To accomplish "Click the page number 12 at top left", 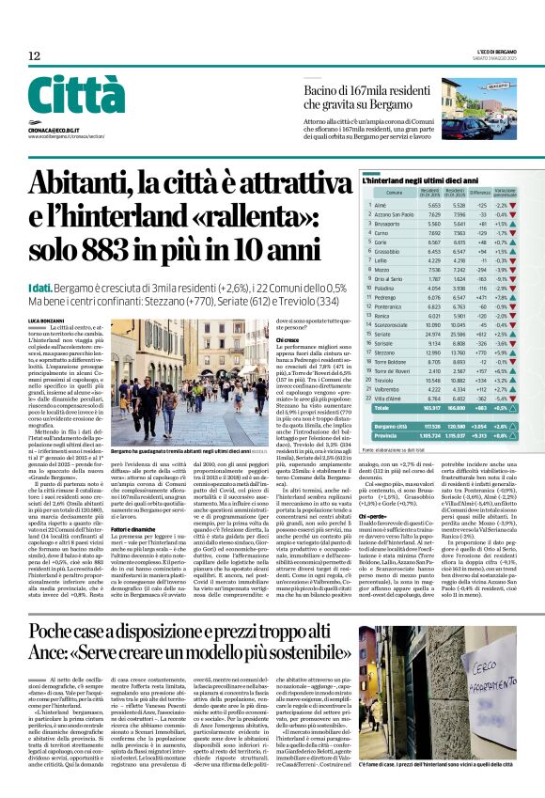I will point(34,56).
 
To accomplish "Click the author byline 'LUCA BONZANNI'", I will point(46,308).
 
